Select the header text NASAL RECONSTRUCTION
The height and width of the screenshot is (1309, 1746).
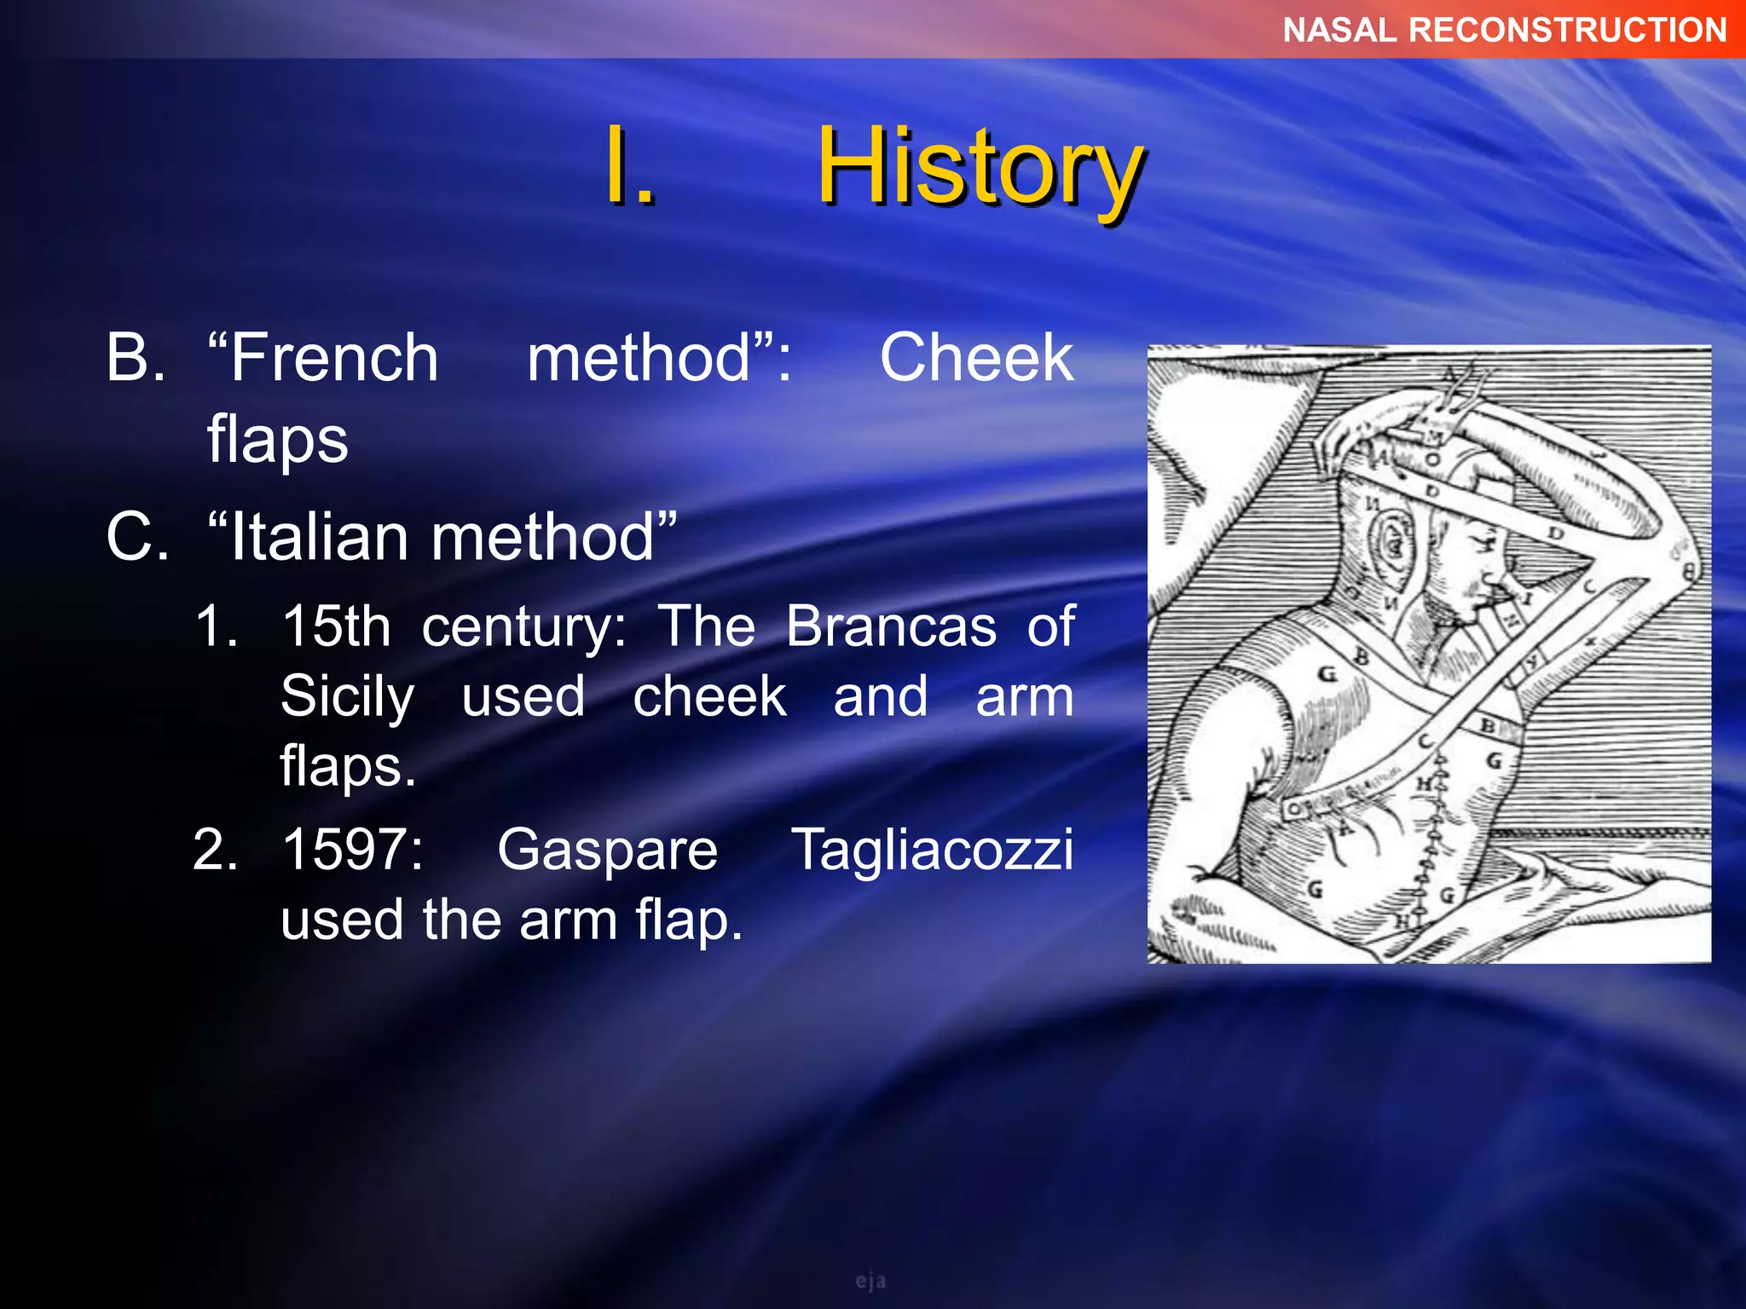pyautogui.click(x=1505, y=31)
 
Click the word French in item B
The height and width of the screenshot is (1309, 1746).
pyautogui.click(x=334, y=358)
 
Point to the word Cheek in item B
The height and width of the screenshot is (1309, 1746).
pyautogui.click(x=976, y=358)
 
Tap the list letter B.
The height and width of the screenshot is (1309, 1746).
pyautogui.click(x=135, y=358)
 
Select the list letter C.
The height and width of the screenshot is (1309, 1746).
pyautogui.click(x=136, y=538)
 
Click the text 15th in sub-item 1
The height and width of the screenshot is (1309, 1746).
pyautogui.click(x=336, y=627)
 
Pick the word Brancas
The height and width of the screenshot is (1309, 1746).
pyautogui.click(x=891, y=627)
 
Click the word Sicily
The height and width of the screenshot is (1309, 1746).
pyautogui.click(x=347, y=697)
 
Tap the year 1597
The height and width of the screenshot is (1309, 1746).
pyautogui.click(x=351, y=851)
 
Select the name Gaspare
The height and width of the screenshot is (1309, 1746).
pyautogui.click(x=607, y=851)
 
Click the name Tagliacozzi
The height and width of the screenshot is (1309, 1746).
pyautogui.click(x=933, y=851)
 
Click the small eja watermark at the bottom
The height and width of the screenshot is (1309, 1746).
pyautogui.click(x=870, y=1281)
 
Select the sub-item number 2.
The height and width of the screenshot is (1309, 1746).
pyautogui.click(x=215, y=851)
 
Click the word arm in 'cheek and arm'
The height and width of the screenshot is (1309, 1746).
pyautogui.click(x=1024, y=697)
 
